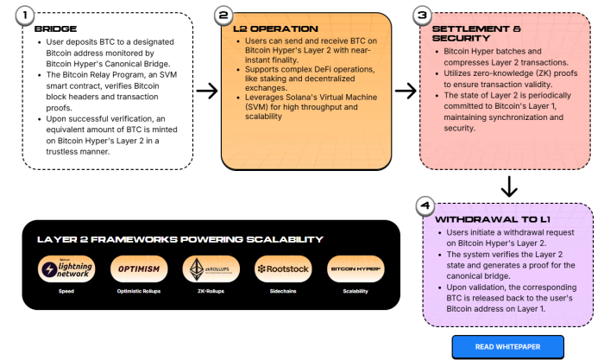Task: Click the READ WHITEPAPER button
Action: [507, 347]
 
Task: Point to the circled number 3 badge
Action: [423, 16]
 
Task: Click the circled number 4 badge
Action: [423, 206]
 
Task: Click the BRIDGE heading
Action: [50, 28]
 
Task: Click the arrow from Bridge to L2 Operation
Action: [206, 89]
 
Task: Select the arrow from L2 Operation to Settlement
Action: [405, 89]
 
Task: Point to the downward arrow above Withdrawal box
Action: [509, 186]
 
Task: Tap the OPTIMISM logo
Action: [138, 269]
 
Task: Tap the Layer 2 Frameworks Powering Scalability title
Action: [179, 239]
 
